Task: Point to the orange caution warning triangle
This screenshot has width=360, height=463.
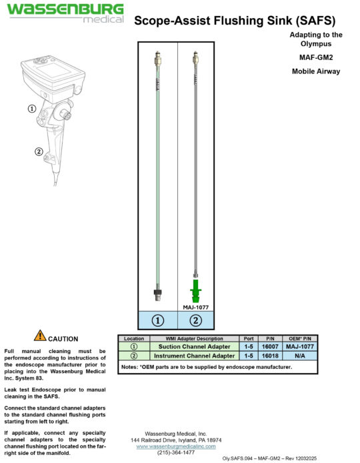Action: pos(40,336)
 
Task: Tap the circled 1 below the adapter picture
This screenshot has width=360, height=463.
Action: pos(158,320)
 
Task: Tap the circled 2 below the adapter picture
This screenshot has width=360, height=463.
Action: pos(196,320)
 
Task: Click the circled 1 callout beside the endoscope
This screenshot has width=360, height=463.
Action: pos(31,109)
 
